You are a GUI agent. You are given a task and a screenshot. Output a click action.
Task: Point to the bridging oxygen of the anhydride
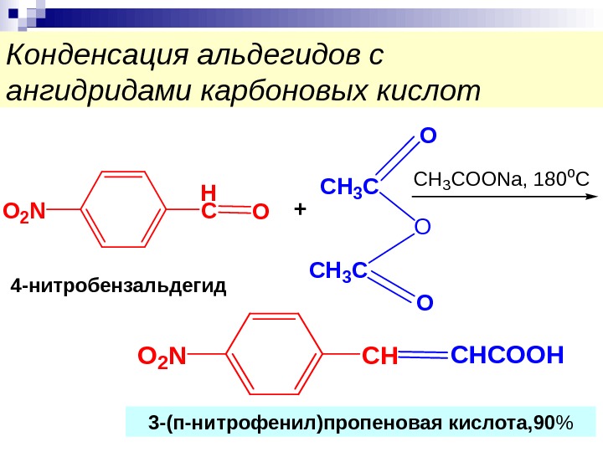(422, 227)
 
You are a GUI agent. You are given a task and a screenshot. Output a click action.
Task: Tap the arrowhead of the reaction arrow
(590, 196)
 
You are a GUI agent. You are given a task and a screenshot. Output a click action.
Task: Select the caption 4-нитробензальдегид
(119, 287)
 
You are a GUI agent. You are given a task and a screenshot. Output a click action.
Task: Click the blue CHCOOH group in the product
(506, 355)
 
